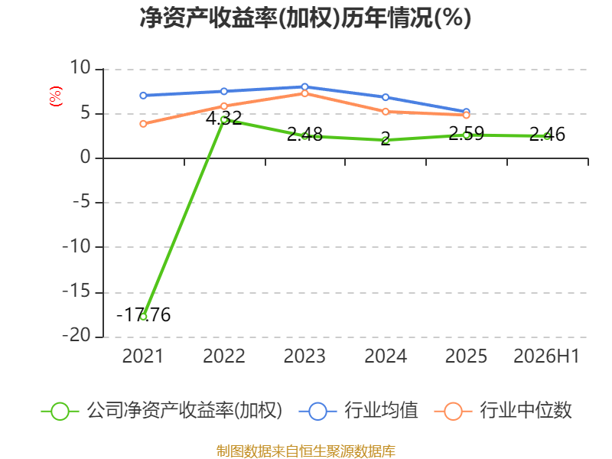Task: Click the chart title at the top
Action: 305,18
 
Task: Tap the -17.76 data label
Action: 144,314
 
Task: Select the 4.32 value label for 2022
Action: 223,118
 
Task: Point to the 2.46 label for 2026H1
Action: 547,135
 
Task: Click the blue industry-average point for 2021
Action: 143,96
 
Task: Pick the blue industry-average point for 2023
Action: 304,86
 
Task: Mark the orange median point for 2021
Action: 143,124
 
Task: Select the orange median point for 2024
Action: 386,112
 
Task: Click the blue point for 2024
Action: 386,97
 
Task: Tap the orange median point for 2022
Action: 224,106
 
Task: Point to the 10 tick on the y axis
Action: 80,67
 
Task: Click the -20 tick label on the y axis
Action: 76,335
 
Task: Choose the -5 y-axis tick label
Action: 82,202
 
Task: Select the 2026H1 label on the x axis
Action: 546,356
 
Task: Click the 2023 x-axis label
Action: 304,356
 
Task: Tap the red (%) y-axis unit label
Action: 55,96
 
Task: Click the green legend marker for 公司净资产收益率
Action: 60,412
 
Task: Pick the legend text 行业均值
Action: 381,410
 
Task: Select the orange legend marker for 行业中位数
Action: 453,412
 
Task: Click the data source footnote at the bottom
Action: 306,451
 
